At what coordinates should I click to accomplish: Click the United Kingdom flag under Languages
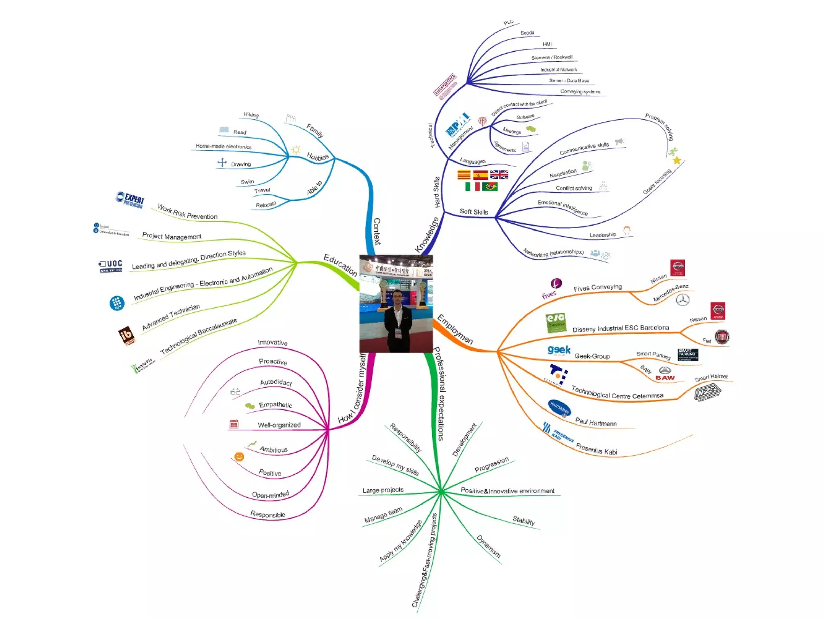(x=499, y=174)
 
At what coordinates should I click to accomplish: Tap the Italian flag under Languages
(x=472, y=186)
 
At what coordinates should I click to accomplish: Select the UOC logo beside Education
(x=111, y=266)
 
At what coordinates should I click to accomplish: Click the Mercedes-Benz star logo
(x=682, y=299)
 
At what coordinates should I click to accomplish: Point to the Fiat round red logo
(x=721, y=337)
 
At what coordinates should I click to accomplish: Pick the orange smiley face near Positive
(x=239, y=456)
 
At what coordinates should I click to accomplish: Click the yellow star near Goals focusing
(x=677, y=160)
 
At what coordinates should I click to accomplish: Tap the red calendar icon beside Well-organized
(x=234, y=424)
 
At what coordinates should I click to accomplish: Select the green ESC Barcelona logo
(x=556, y=323)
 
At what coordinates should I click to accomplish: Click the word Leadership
(x=603, y=235)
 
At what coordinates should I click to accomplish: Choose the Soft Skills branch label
(x=474, y=212)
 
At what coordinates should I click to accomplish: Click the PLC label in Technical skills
(x=509, y=23)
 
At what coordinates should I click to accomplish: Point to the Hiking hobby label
(x=251, y=115)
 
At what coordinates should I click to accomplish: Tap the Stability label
(x=524, y=520)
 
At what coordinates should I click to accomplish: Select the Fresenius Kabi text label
(x=597, y=449)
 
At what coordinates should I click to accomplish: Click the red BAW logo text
(x=665, y=378)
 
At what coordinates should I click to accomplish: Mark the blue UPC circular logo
(x=117, y=303)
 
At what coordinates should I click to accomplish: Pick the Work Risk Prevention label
(x=187, y=212)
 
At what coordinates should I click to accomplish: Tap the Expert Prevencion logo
(x=130, y=199)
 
